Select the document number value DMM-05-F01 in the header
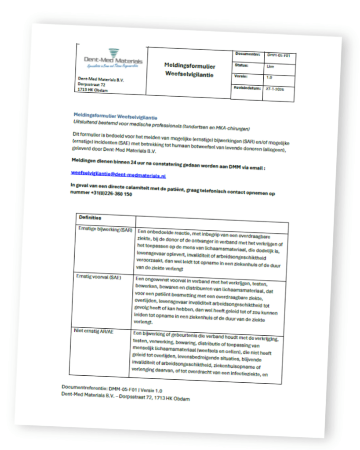279,56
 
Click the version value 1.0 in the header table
269,77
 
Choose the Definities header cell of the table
90,218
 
